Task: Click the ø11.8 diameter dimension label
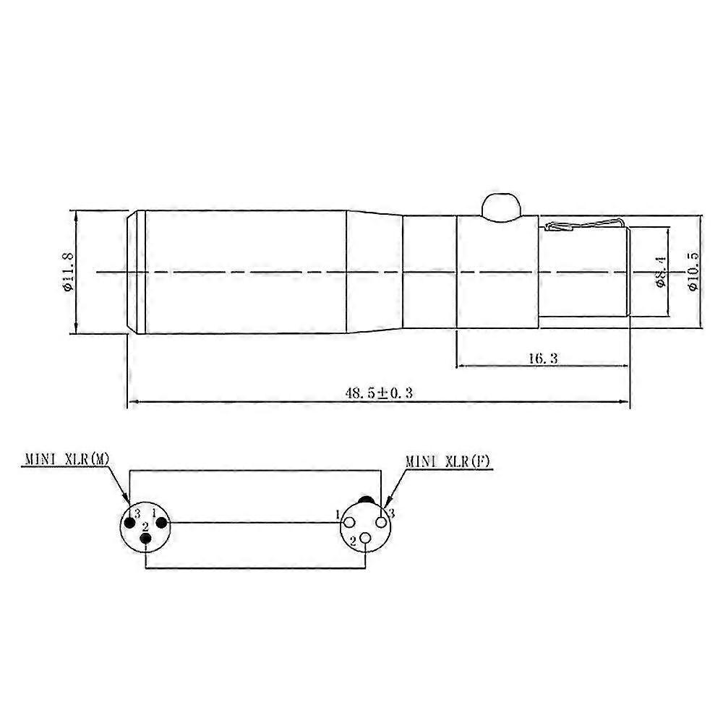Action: click(x=68, y=272)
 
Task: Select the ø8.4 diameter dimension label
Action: click(x=661, y=272)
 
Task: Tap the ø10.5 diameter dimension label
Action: click(x=693, y=272)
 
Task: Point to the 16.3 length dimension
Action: click(x=543, y=359)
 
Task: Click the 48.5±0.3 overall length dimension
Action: click(x=379, y=393)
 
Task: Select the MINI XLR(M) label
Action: click(x=67, y=459)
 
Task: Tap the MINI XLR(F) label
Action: click(x=448, y=461)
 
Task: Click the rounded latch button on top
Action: click(x=500, y=206)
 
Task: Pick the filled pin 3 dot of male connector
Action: click(x=130, y=523)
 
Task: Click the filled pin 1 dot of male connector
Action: click(x=162, y=523)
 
